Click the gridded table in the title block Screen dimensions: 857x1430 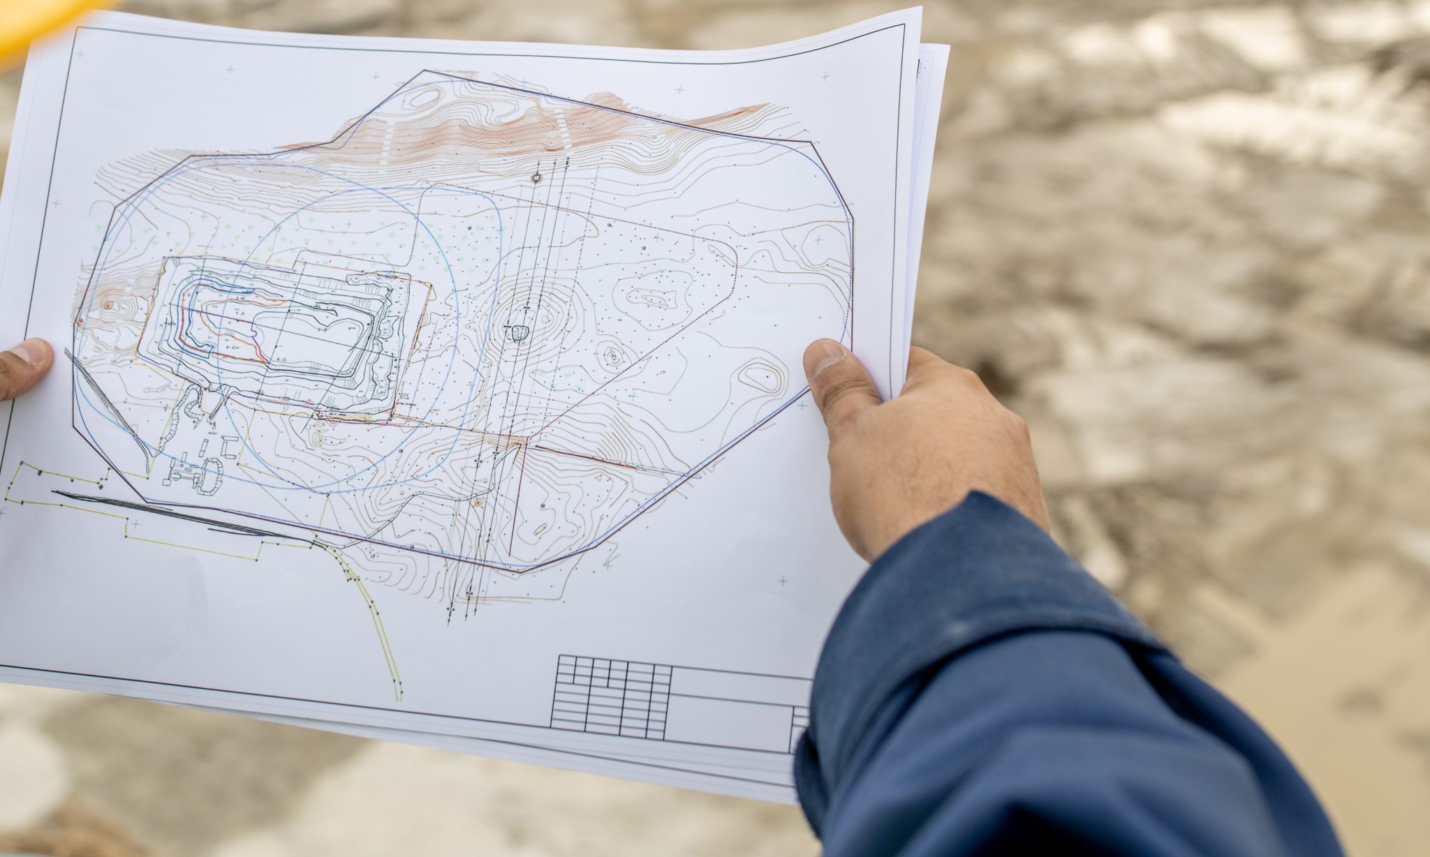coord(611,698)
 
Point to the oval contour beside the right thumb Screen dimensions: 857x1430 coord(762,378)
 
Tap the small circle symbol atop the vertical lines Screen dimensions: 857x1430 coord(536,178)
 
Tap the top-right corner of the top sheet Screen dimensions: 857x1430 coord(919,10)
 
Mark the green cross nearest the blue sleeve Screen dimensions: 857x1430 coord(783,581)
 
